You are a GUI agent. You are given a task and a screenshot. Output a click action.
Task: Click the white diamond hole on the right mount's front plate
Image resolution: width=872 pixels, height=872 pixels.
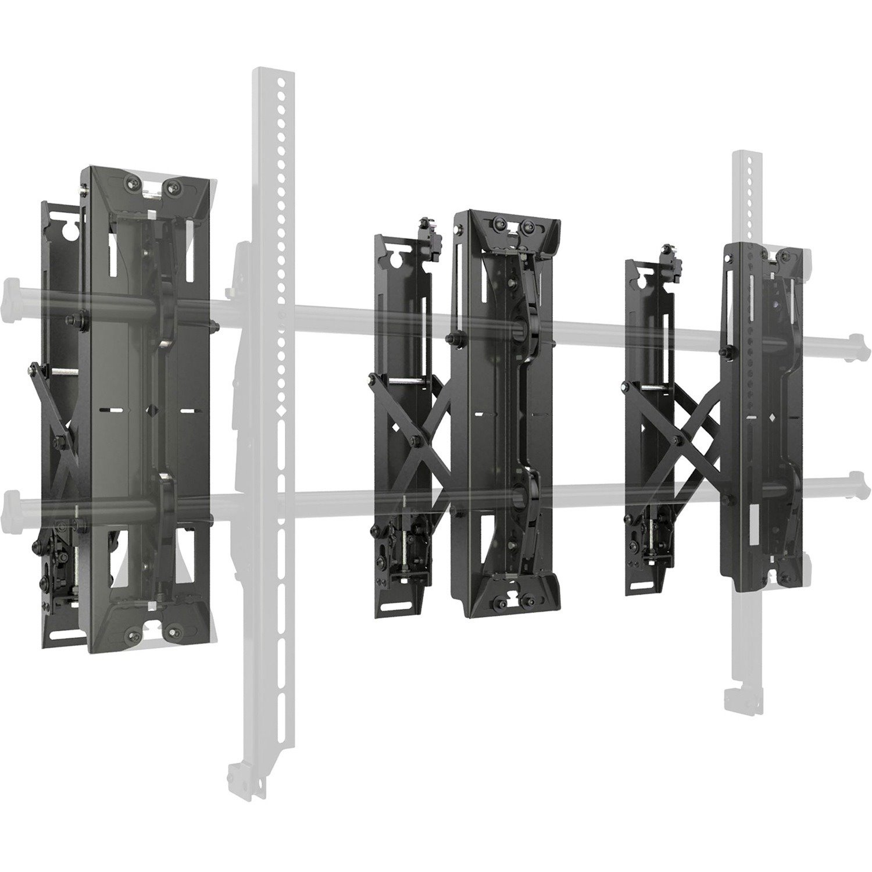click(771, 417)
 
